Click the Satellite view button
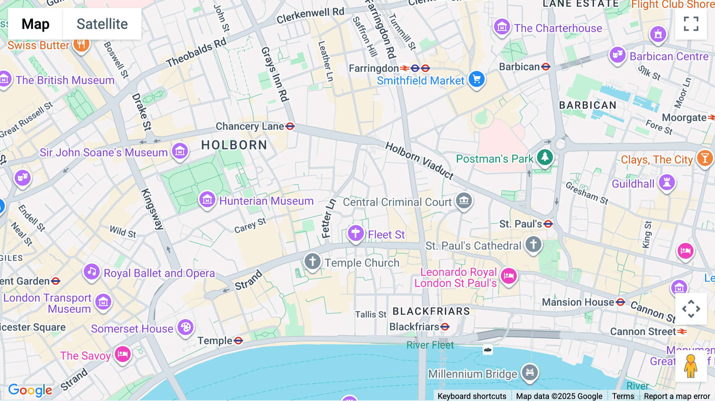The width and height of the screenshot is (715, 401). click(102, 24)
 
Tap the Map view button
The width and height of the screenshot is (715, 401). click(35, 24)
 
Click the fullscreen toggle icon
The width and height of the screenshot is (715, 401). click(691, 24)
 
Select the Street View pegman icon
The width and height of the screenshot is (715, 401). click(691, 366)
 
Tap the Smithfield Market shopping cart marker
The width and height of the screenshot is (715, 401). click(476, 79)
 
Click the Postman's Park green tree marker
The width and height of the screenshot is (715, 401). click(545, 157)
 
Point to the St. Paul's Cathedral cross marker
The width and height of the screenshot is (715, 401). click(533, 244)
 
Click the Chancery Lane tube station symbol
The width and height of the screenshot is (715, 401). click(290, 126)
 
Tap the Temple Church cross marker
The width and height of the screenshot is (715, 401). click(313, 262)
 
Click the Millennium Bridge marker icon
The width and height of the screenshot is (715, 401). click(529, 372)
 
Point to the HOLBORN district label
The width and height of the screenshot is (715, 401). click(234, 145)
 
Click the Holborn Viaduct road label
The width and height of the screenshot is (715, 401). click(419, 161)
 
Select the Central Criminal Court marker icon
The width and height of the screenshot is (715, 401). click(464, 200)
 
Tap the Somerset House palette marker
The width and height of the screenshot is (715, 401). click(185, 328)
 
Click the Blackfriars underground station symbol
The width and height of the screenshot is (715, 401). click(445, 327)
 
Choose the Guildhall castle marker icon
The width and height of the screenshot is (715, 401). click(667, 183)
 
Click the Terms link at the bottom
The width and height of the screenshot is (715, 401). click(623, 396)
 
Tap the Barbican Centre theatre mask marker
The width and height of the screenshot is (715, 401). click(617, 55)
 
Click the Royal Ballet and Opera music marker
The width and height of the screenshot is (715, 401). click(92, 272)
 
